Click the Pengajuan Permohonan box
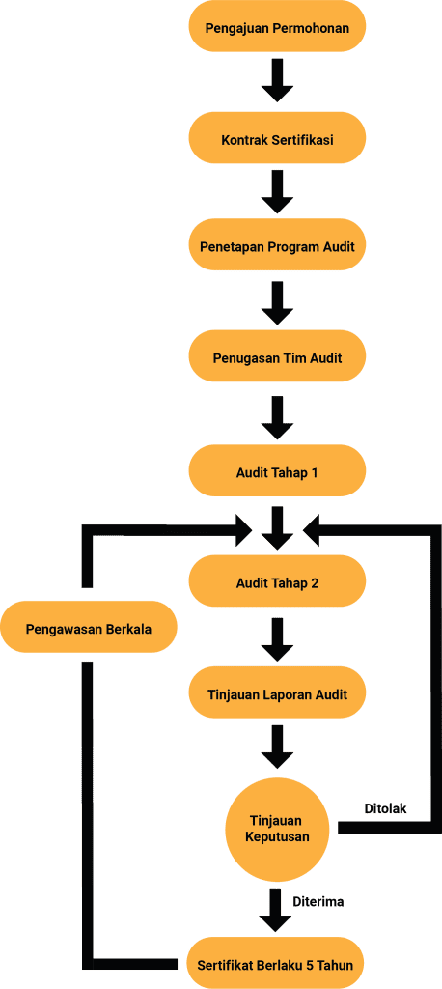pyautogui.click(x=277, y=29)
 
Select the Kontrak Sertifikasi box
pyautogui.click(x=277, y=138)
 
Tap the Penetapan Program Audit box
pyautogui.click(x=277, y=246)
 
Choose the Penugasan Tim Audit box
pyautogui.click(x=277, y=357)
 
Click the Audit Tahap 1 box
pyautogui.click(x=277, y=471)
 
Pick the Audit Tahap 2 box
pyautogui.click(x=277, y=582)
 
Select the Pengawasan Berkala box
pyautogui.click(x=88, y=628)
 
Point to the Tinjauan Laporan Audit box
pyautogui.click(x=277, y=693)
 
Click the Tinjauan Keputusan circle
pyautogui.click(x=277, y=829)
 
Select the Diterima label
pyautogui.click(x=318, y=901)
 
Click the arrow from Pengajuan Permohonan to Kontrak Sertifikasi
pyautogui.click(x=277, y=80)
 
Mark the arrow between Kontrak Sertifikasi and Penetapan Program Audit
pyautogui.click(x=277, y=191)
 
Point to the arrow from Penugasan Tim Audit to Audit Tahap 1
pyautogui.click(x=277, y=417)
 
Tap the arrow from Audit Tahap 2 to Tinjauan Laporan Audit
pyautogui.click(x=277, y=639)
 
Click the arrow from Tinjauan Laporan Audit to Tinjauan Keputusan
pyautogui.click(x=277, y=748)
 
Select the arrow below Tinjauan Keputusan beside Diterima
pyautogui.click(x=277, y=910)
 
